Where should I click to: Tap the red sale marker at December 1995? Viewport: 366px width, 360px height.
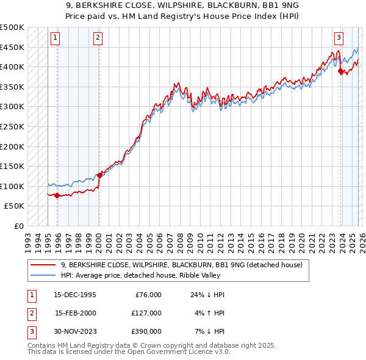(57, 195)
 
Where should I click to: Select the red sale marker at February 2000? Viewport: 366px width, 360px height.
(99, 175)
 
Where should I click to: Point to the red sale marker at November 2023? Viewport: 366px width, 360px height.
(340, 71)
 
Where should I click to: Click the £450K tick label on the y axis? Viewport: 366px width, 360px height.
(13, 47)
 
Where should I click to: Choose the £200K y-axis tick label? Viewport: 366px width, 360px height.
(13, 146)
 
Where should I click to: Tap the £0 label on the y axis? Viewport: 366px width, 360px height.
(20, 226)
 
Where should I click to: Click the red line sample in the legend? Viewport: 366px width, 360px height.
(44, 265)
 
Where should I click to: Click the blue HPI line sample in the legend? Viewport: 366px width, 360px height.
(44, 276)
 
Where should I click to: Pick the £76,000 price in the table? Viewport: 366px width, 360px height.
(147, 295)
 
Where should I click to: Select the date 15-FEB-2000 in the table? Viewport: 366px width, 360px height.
(75, 313)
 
